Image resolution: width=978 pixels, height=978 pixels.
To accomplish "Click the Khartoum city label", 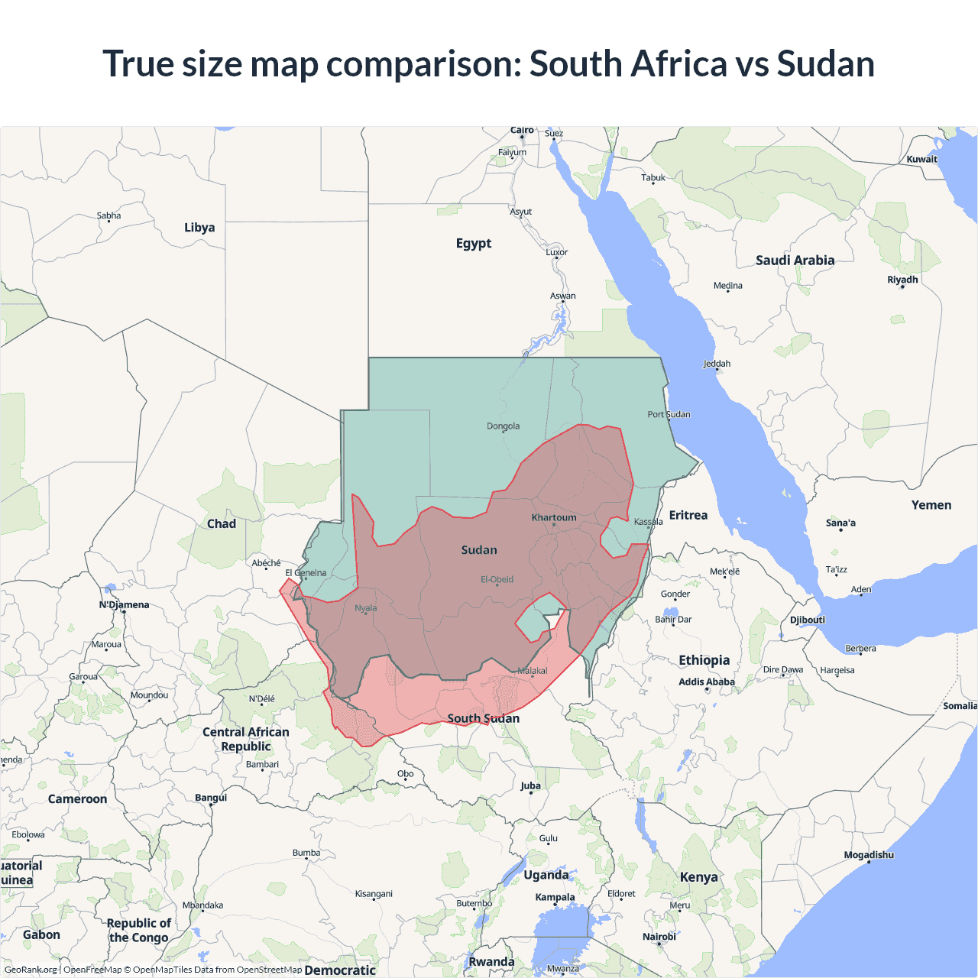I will [x=554, y=517].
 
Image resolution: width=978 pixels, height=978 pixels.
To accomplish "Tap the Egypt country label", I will [x=474, y=243].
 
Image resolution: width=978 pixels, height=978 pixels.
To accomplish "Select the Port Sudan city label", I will [x=669, y=414].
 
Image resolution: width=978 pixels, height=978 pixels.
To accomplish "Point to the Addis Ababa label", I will [x=707, y=682].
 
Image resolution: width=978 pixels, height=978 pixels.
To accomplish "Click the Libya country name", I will [x=199, y=227].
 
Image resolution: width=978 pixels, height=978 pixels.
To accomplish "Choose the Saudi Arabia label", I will [x=795, y=260].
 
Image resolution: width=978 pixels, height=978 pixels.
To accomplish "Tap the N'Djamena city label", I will [x=124, y=604].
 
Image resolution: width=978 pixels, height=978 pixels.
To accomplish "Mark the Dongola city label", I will [x=503, y=426].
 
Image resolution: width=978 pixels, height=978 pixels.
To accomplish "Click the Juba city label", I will [x=530, y=785].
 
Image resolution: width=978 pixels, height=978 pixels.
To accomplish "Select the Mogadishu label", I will [x=869, y=854].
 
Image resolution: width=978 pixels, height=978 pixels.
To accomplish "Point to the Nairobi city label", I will [x=659, y=936].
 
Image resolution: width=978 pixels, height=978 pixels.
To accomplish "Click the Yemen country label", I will [x=931, y=505].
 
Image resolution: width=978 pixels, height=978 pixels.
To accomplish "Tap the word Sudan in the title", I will [x=825, y=63].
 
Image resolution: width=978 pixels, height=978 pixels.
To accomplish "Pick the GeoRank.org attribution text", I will [x=31, y=970].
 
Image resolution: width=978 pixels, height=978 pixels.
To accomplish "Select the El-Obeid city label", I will [x=497, y=579].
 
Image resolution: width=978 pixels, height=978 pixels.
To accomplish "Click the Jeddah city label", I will [x=717, y=364].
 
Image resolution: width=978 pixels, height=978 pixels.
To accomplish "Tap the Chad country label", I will [x=222, y=523].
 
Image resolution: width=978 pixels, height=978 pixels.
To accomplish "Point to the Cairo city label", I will [x=522, y=131].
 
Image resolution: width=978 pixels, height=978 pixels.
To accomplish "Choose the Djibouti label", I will [x=808, y=620].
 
